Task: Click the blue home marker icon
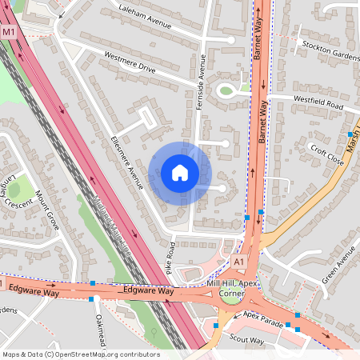pyautogui.click(x=180, y=172)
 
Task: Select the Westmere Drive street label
pyautogui.click(x=130, y=63)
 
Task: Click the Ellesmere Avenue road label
pyautogui.click(x=126, y=163)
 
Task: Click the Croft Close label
pyautogui.click(x=327, y=154)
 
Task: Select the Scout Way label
pyautogui.click(x=246, y=339)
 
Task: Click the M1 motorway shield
pyautogui.click(x=9, y=32)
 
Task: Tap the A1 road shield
pyautogui.click(x=238, y=262)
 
